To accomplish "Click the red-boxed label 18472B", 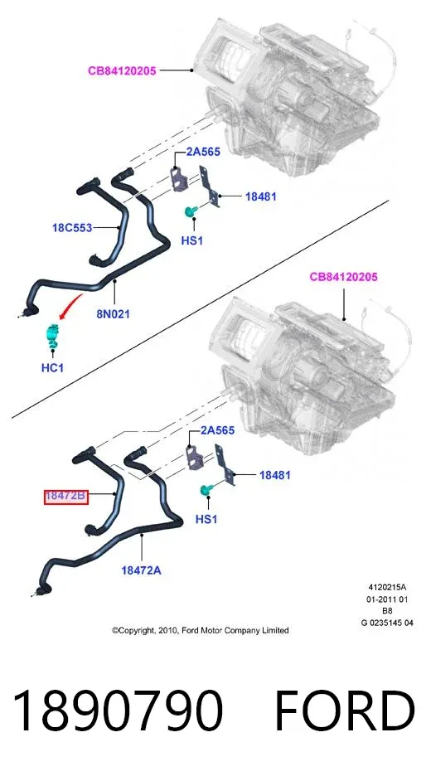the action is (65, 496).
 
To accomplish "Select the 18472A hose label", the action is (142, 570).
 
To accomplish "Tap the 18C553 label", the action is (72, 228).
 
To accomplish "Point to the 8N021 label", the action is (113, 313).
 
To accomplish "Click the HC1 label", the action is (52, 368).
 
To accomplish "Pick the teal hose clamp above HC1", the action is (52, 336).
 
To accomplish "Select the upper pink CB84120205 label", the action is (122, 70).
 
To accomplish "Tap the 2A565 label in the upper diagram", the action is (203, 152).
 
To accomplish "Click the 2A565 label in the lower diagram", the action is (217, 430).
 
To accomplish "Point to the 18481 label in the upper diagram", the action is (261, 196).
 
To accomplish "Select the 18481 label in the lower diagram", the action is (275, 475).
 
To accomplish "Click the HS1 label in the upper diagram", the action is (192, 241).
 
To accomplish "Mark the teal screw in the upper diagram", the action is (190, 211).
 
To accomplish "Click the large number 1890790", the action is (117, 711).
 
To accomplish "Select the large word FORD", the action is (345, 711).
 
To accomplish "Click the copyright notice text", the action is (200, 630).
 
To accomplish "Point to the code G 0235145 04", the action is (387, 623).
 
